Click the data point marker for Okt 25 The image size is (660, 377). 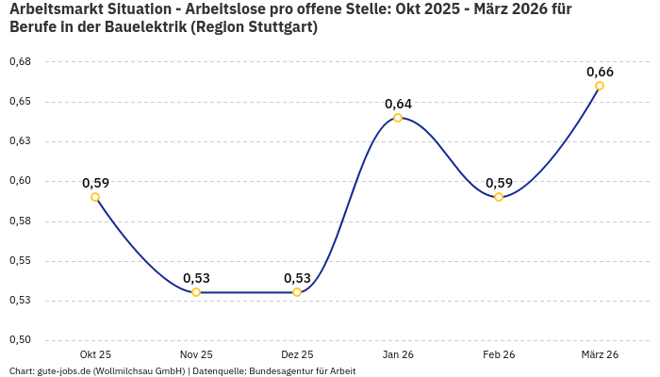(x=95, y=197)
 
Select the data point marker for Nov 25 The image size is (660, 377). (x=196, y=292)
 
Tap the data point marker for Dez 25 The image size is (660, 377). (x=297, y=292)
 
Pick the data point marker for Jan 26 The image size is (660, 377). (x=398, y=118)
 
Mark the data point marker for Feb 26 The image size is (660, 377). (x=499, y=197)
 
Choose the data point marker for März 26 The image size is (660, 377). (x=600, y=86)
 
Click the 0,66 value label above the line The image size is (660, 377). (x=600, y=72)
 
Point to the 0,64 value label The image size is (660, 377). (x=398, y=104)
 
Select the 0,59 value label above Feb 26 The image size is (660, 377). (x=499, y=183)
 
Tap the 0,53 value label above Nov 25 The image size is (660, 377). (x=196, y=278)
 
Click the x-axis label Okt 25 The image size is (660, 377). (x=95, y=354)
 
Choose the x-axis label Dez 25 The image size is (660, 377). (x=297, y=354)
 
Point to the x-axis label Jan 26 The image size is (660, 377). (x=398, y=354)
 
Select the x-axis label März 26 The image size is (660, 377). (x=600, y=354)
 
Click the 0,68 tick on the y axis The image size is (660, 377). (x=20, y=61)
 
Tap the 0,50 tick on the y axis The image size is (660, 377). (x=20, y=340)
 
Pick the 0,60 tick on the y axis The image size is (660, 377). (x=20, y=181)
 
